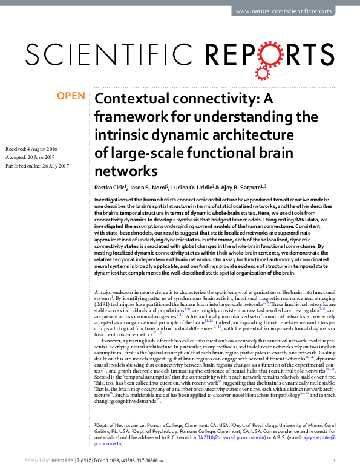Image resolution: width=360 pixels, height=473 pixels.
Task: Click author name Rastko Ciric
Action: (x=111, y=187)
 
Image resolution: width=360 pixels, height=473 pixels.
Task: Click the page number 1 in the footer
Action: (x=334, y=462)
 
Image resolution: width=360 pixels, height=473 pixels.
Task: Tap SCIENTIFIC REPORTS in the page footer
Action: (x=46, y=462)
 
